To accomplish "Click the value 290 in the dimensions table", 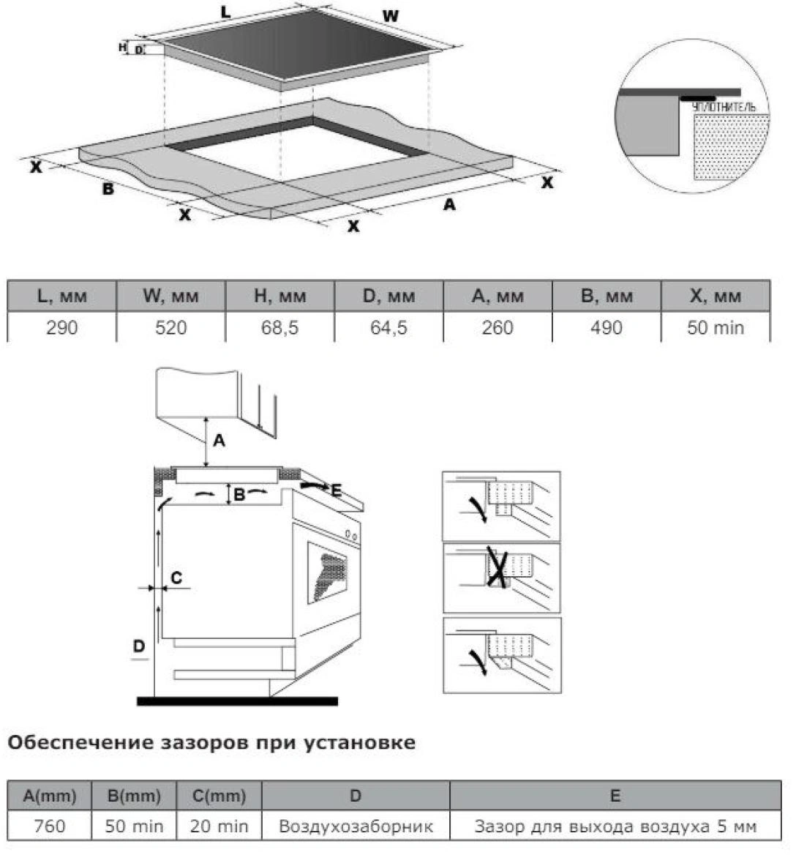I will coord(61,327).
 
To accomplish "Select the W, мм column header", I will coord(170,296).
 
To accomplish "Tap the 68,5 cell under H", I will coord(279,327).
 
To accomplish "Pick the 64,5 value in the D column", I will coord(388,327).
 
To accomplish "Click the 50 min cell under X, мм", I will coord(715,327).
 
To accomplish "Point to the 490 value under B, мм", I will coord(606,327).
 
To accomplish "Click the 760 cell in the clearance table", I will coord(50,826).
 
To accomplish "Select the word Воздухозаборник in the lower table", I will coord(356,826).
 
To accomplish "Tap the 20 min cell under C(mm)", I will coord(219,826).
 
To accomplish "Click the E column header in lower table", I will coord(615,796).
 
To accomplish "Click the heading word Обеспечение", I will coord(78,743).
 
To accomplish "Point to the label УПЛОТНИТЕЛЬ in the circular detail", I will coord(724,108).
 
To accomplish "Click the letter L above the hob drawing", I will coord(225,12).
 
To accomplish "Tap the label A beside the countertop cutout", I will coord(449,205).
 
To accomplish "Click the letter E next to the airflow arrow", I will coord(336,490).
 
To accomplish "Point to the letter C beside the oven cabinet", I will coord(176,578).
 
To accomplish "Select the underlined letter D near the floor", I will coord(139,646).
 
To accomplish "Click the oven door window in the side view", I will coord(328,571).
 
